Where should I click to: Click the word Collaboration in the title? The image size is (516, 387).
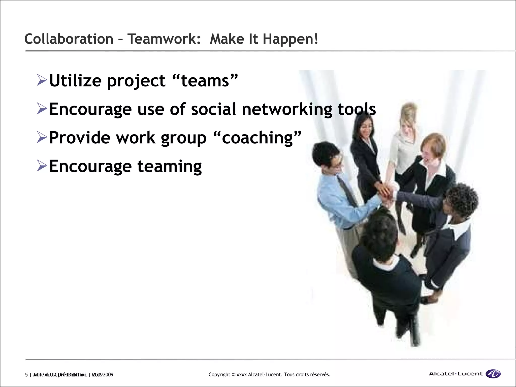click(69, 39)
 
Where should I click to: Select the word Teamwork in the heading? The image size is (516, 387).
click(164, 39)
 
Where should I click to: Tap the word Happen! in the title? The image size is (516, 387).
click(290, 40)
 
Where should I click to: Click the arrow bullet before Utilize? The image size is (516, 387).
click(42, 80)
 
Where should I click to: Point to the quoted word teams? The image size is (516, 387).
click(205, 81)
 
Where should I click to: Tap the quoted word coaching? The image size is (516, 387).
click(257, 138)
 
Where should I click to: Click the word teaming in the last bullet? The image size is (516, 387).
click(170, 167)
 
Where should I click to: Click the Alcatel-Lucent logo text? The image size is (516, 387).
click(456, 374)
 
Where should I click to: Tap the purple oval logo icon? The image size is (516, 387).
click(493, 374)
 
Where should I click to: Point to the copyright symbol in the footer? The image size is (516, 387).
click(234, 375)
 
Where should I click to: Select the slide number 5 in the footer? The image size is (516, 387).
click(26, 375)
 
